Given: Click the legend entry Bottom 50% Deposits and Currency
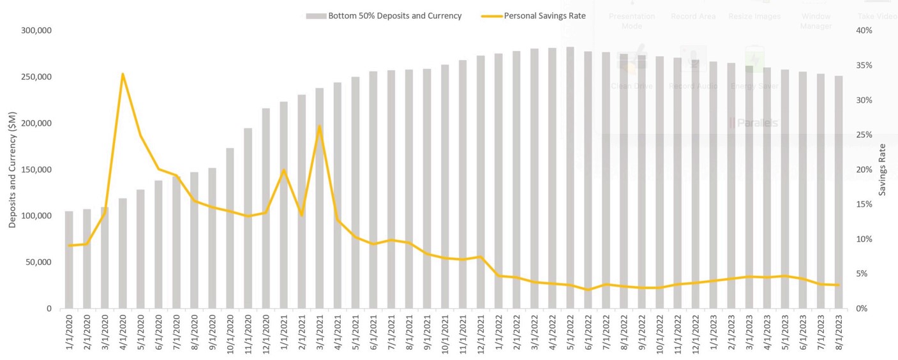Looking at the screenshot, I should point(394,16).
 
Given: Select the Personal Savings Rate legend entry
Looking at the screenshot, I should point(544,16).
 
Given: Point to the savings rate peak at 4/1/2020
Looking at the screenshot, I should point(123,74).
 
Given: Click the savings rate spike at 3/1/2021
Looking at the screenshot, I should point(319,126).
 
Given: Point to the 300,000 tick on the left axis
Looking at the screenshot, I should point(36,31).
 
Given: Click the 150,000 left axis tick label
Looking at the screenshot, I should point(36,170).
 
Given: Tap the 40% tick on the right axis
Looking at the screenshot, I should point(864,31).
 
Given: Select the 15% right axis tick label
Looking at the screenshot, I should point(864,204).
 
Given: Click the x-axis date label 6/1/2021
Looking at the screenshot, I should point(373,333).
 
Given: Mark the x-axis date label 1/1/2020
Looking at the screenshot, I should point(70,333).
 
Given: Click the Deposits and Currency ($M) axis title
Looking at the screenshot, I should point(12,170).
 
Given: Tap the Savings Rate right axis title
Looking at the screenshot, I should point(883,170).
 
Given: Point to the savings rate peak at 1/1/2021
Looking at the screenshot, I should point(283,170).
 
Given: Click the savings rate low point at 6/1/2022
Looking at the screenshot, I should point(588,290).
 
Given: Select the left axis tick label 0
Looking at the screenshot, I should point(49,309).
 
